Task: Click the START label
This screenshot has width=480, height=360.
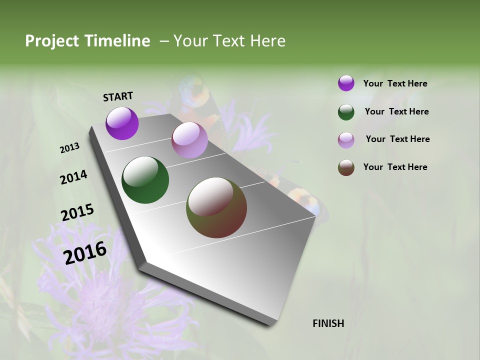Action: tap(118, 96)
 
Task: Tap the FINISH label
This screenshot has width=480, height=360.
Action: tap(328, 323)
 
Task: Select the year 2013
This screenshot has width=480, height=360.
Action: tap(70, 148)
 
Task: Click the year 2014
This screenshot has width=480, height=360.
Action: tap(73, 177)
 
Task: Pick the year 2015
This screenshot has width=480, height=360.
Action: tap(77, 212)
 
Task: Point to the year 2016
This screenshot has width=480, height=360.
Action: tap(85, 253)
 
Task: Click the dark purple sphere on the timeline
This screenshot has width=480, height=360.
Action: tap(122, 123)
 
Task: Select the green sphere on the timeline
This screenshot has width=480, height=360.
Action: tap(145, 180)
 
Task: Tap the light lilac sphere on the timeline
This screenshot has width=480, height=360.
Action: tap(189, 140)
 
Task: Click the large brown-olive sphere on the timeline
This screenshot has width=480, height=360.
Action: tap(216, 207)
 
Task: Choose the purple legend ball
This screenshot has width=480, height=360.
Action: tap(346, 83)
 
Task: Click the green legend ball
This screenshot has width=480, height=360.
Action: tap(346, 112)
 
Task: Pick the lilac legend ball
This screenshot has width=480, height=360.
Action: tap(346, 140)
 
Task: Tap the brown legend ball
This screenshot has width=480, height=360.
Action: tap(346, 168)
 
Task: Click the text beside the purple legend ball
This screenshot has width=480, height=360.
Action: tap(395, 83)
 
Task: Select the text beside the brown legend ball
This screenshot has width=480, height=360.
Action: tap(395, 167)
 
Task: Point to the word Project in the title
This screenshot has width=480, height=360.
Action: tap(52, 41)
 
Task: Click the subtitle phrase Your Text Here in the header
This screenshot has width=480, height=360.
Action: tap(229, 41)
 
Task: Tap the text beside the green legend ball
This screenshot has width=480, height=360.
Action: tap(396, 111)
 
